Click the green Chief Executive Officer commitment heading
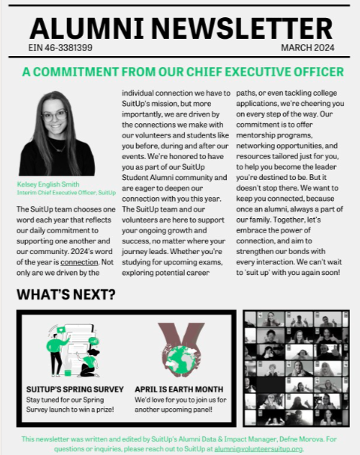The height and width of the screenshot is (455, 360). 183,72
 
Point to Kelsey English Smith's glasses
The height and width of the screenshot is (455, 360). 53,115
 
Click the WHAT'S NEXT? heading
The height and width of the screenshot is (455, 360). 66,296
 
